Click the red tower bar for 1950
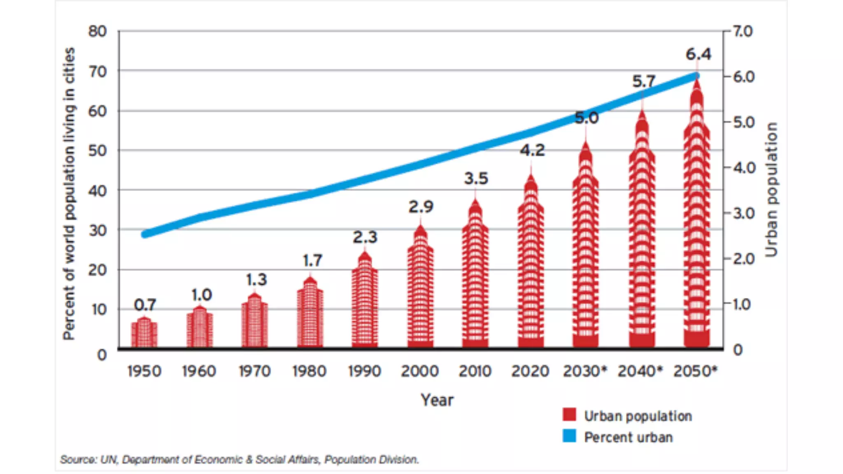tap(144, 333)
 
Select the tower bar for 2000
tap(420, 292)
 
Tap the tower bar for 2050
tap(696, 222)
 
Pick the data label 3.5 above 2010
tap(476, 179)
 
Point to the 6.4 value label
tap(698, 54)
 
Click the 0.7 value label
tap(145, 305)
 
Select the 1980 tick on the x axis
tap(309, 371)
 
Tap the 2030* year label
tap(585, 371)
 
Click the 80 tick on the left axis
tap(98, 31)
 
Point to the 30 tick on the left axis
tap(98, 230)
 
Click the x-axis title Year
tap(437, 400)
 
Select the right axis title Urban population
tap(771, 189)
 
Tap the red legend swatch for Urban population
tap(569, 415)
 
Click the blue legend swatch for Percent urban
tap(569, 436)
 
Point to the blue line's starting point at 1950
tap(145, 234)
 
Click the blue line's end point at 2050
tap(696, 76)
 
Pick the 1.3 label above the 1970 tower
tap(256, 280)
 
